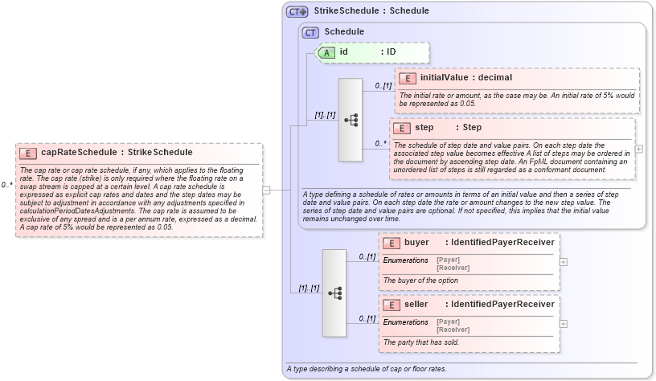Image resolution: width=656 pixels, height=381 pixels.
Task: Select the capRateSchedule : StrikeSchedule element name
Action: (x=117, y=152)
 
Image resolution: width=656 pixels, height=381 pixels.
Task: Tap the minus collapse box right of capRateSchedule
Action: (x=267, y=190)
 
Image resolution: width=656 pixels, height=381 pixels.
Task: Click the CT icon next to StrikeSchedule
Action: (x=297, y=11)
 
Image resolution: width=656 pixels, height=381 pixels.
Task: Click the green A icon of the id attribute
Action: (x=327, y=52)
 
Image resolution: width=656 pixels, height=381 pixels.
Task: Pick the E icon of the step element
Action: (x=402, y=128)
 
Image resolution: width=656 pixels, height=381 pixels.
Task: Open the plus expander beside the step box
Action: (x=639, y=149)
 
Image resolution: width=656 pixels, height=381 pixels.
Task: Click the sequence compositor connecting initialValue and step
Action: (x=351, y=120)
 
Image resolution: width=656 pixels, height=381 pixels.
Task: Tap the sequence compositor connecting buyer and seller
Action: (x=334, y=293)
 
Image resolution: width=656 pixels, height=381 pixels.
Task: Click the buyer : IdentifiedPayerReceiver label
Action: (x=478, y=242)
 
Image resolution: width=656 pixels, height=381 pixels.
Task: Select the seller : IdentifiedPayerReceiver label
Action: (x=478, y=305)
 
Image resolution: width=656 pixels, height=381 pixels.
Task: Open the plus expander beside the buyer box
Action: (x=563, y=261)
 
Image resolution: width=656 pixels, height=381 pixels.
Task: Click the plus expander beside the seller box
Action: (x=563, y=324)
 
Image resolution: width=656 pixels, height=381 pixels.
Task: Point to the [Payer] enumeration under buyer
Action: (x=448, y=259)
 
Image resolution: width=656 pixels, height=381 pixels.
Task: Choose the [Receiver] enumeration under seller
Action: (x=452, y=330)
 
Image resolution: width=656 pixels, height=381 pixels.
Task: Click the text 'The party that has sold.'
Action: (x=422, y=342)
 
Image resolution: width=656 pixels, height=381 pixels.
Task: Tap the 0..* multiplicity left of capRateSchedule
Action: (x=6, y=185)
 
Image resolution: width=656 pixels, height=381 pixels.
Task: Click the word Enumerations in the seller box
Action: (x=406, y=322)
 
